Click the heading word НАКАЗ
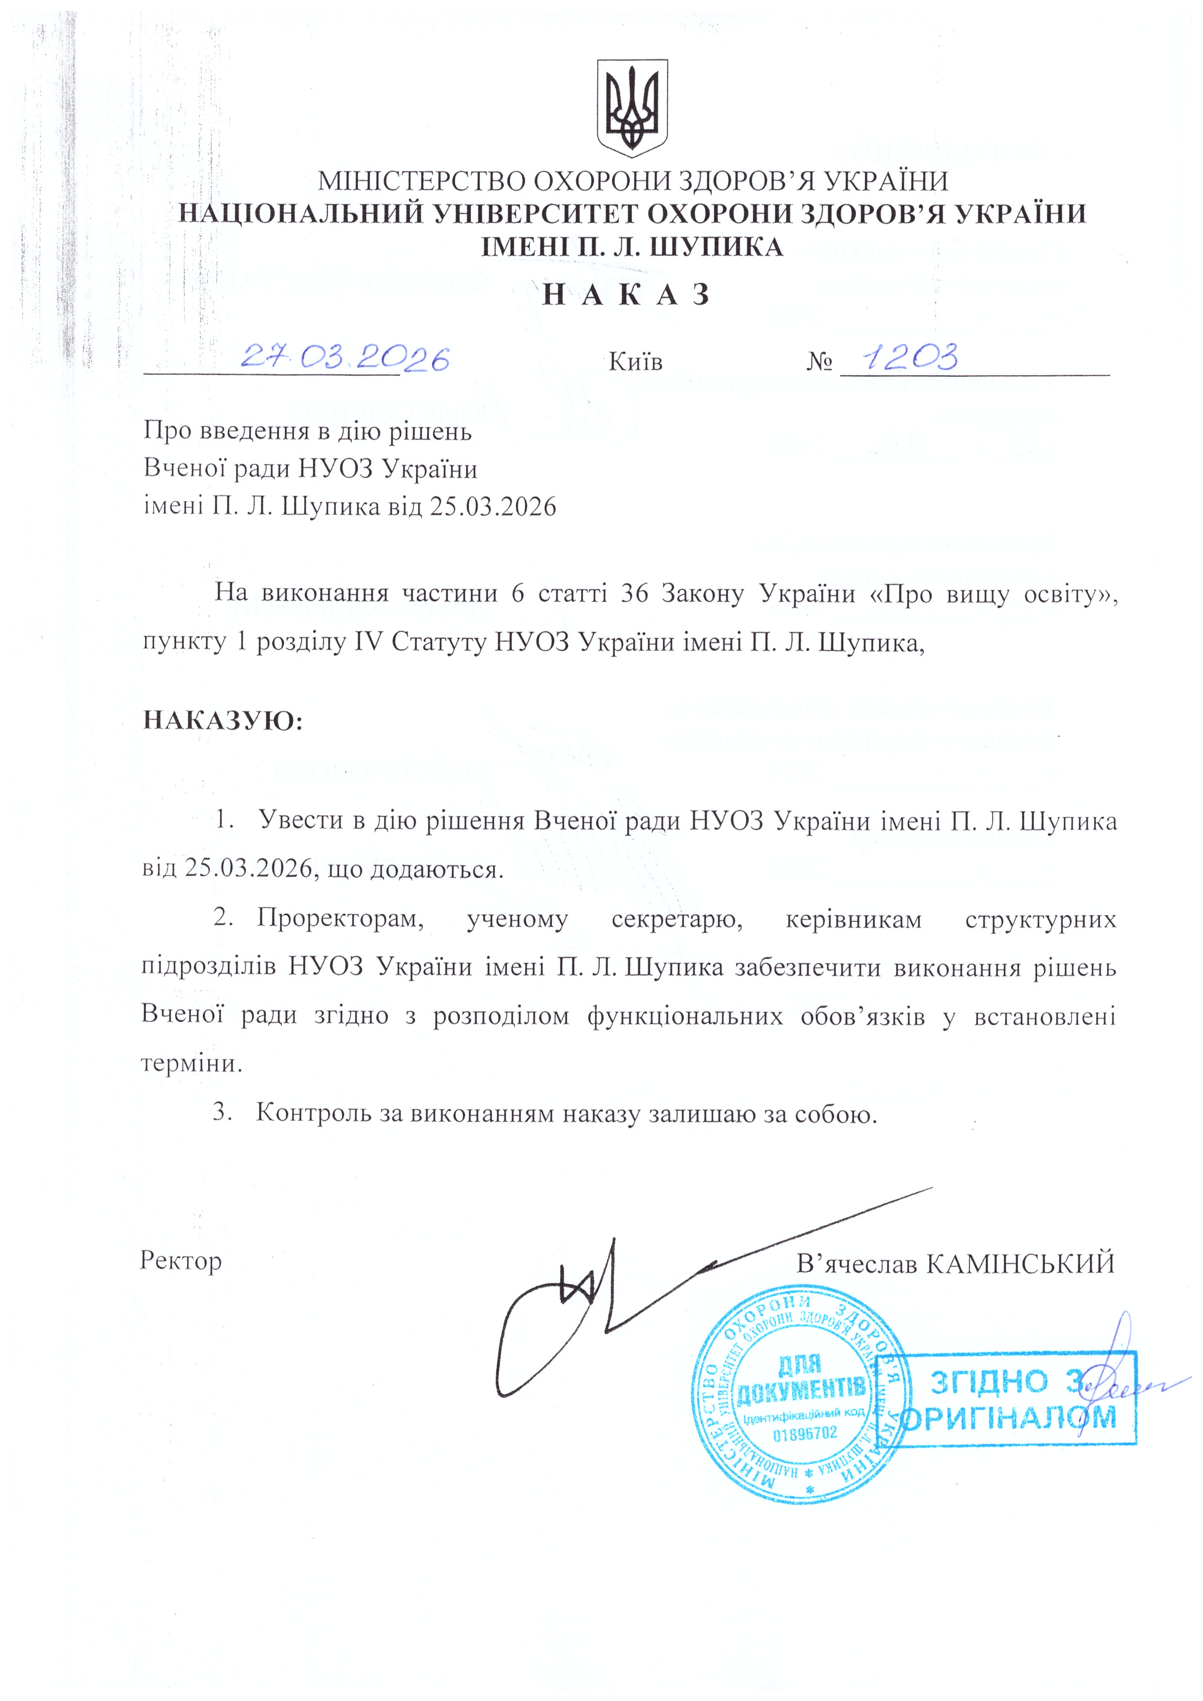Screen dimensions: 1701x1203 pyautogui.click(x=626, y=295)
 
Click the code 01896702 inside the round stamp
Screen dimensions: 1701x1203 pyautogui.click(x=805, y=1434)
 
